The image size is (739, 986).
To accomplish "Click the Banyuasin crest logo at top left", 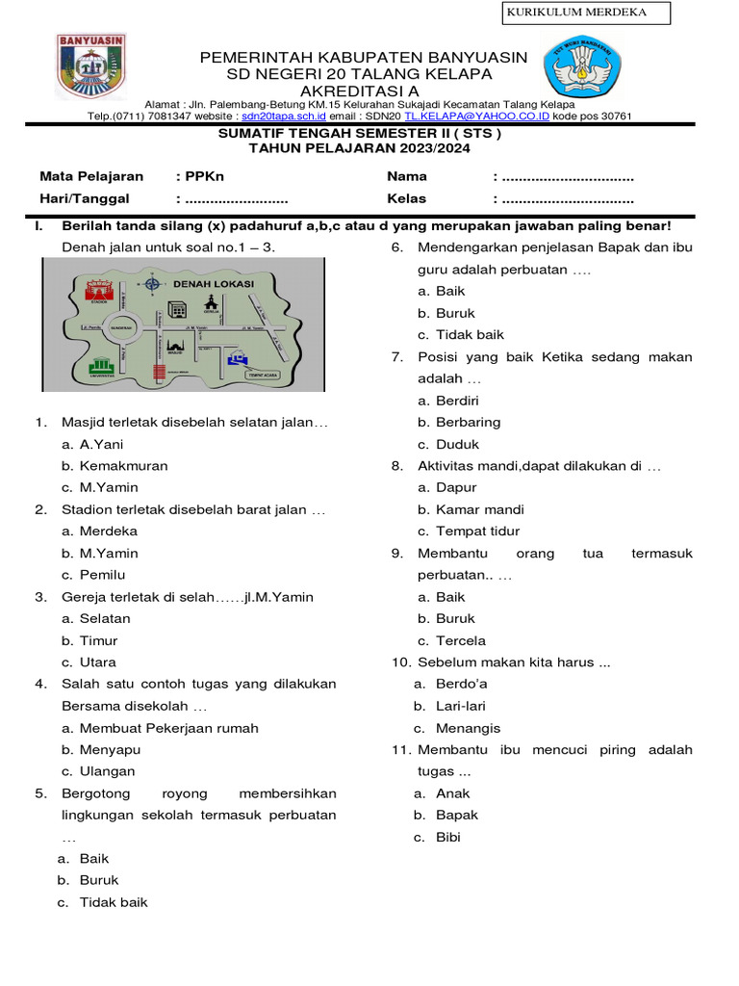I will [x=91, y=66].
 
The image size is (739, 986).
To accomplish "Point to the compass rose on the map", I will [x=153, y=283].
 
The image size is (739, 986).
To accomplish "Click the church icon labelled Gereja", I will [x=211, y=304].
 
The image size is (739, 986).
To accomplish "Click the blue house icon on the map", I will [x=237, y=358].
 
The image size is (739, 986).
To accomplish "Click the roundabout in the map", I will [x=125, y=327].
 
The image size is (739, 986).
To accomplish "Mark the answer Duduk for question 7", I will [x=457, y=445].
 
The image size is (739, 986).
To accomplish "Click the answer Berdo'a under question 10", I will [x=461, y=685].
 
